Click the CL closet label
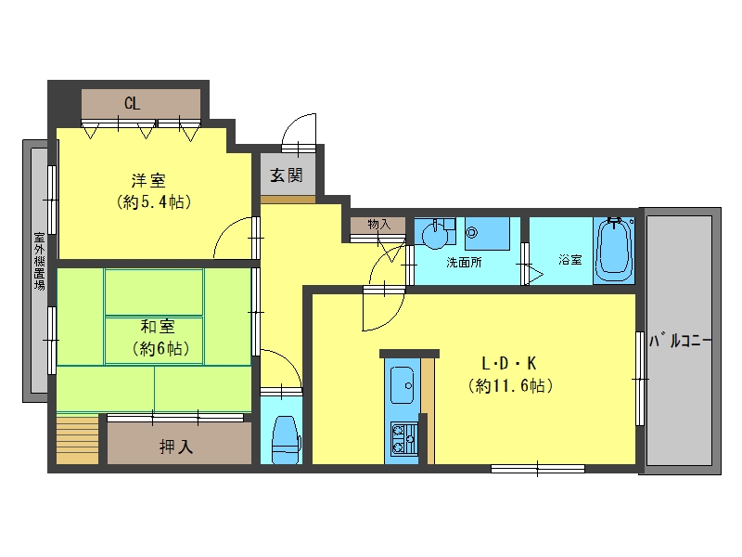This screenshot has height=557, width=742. coord(132,103)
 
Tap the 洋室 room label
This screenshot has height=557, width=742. coord(148,180)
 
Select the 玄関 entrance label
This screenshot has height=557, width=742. coord(287,175)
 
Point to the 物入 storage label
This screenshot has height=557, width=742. coord(379,224)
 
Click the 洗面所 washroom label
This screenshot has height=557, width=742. coord(464,262)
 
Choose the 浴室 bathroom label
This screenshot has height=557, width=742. coord(570,260)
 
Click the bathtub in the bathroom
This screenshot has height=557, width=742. coord(614,250)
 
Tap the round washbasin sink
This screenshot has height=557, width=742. coord(435,236)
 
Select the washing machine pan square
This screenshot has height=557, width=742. coord(487,234)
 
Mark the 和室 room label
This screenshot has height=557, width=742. coord(158,327)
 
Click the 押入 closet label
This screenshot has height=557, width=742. coord(176,447)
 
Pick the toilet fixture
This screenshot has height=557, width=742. coord(287,440)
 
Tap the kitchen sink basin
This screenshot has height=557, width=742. coord(403,385)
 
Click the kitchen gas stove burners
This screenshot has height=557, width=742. coord(403,438)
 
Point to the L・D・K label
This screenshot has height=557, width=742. coord(508,363)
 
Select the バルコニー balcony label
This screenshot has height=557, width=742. coord(680,341)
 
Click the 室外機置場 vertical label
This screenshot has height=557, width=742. coord(39,261)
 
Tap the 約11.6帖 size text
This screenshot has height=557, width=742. coord(511,386)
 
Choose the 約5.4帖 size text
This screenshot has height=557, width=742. coord(154,202)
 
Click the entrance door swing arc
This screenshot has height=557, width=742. coord(291,123)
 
